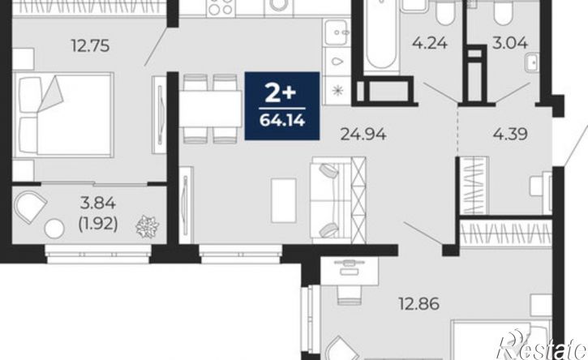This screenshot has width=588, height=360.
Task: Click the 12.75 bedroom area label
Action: click(x=90, y=45)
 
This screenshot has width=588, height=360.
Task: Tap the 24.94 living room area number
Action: click(x=363, y=134)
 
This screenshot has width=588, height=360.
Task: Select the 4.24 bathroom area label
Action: click(x=430, y=43)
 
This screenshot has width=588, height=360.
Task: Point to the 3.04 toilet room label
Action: click(x=510, y=43)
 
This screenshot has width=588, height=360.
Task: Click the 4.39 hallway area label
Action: click(x=510, y=134)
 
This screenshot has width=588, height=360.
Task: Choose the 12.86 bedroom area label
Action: click(x=418, y=304)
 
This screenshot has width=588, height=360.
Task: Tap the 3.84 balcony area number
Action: click(x=98, y=204)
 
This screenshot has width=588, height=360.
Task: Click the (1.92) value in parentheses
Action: click(x=98, y=224)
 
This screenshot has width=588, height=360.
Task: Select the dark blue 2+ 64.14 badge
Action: click(x=282, y=105)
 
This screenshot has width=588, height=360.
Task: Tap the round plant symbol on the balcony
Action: click(x=147, y=226)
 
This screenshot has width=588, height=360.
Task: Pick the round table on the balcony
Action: click(x=54, y=229)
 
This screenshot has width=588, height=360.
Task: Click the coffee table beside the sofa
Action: click(x=284, y=196)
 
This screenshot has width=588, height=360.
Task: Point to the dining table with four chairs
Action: click(x=210, y=109)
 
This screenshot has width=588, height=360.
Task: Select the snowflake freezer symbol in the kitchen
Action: click(x=338, y=90)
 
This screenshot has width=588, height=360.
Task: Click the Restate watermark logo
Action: click(x=542, y=345)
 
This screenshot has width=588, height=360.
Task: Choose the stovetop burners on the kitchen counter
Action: click(x=221, y=7)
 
